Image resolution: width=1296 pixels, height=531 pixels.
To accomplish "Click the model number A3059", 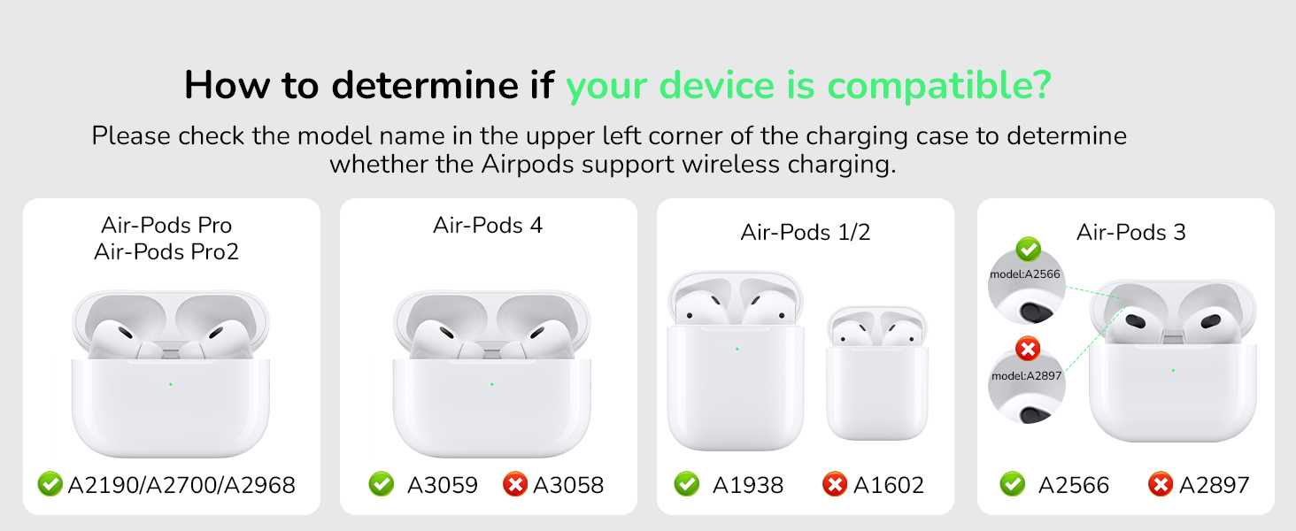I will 442,485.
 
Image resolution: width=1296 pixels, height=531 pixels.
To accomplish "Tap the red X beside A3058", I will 514,484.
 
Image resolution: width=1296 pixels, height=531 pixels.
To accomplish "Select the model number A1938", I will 747,485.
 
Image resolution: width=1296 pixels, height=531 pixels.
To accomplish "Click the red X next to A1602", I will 835,484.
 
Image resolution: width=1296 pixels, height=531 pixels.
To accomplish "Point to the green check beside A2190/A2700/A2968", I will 50,484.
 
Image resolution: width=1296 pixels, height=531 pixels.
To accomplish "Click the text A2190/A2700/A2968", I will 181,485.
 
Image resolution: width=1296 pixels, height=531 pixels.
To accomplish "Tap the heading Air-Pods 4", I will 488,225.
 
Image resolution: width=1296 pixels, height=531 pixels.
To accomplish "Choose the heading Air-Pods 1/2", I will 806,232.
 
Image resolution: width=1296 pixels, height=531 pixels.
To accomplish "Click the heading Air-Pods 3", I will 1130,232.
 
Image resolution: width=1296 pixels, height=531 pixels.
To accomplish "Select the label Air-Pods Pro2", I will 166,251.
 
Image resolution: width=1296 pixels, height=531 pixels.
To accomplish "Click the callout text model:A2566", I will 1025,273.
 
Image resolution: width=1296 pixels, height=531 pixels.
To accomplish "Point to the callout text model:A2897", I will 1027,375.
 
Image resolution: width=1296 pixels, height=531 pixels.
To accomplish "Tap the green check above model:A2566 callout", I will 1028,249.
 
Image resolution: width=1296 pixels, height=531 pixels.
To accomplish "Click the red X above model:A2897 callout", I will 1028,350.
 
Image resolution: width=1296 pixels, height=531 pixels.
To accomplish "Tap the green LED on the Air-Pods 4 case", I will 491,384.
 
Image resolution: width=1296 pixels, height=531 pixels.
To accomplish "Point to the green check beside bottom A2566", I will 1012,484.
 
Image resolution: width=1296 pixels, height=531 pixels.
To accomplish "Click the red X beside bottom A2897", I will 1160,484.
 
